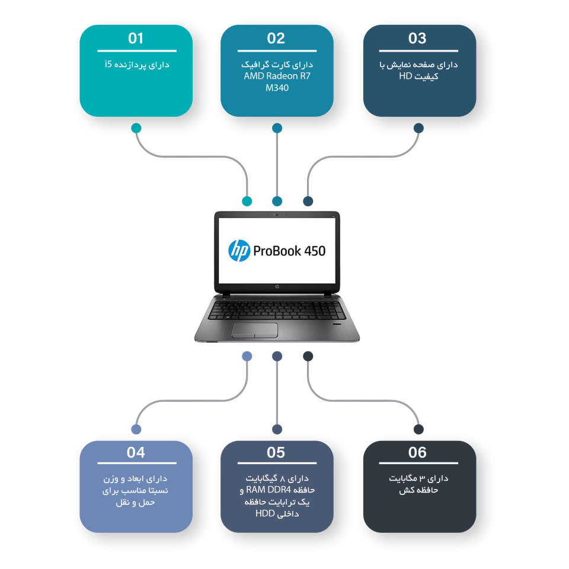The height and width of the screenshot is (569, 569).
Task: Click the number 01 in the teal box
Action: (136, 39)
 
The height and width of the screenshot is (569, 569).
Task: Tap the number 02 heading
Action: (276, 39)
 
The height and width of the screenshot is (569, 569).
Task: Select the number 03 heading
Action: (417, 39)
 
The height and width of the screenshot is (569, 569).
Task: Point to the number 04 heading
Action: (136, 453)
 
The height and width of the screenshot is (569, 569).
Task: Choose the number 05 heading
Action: (276, 453)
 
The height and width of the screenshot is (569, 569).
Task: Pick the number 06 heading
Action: (417, 453)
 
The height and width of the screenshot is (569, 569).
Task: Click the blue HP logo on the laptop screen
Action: (239, 251)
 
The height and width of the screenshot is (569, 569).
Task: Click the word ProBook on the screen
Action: (277, 251)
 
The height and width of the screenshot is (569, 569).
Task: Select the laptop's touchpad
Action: (255, 330)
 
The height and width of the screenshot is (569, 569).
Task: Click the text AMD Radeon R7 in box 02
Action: (277, 76)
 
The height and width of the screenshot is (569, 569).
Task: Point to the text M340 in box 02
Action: (277, 88)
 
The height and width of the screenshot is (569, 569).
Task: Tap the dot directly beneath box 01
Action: (136, 127)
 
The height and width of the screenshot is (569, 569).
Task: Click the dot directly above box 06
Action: (418, 429)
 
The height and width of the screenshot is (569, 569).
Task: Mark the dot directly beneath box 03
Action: (418, 127)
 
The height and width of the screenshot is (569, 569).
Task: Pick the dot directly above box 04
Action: (136, 429)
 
